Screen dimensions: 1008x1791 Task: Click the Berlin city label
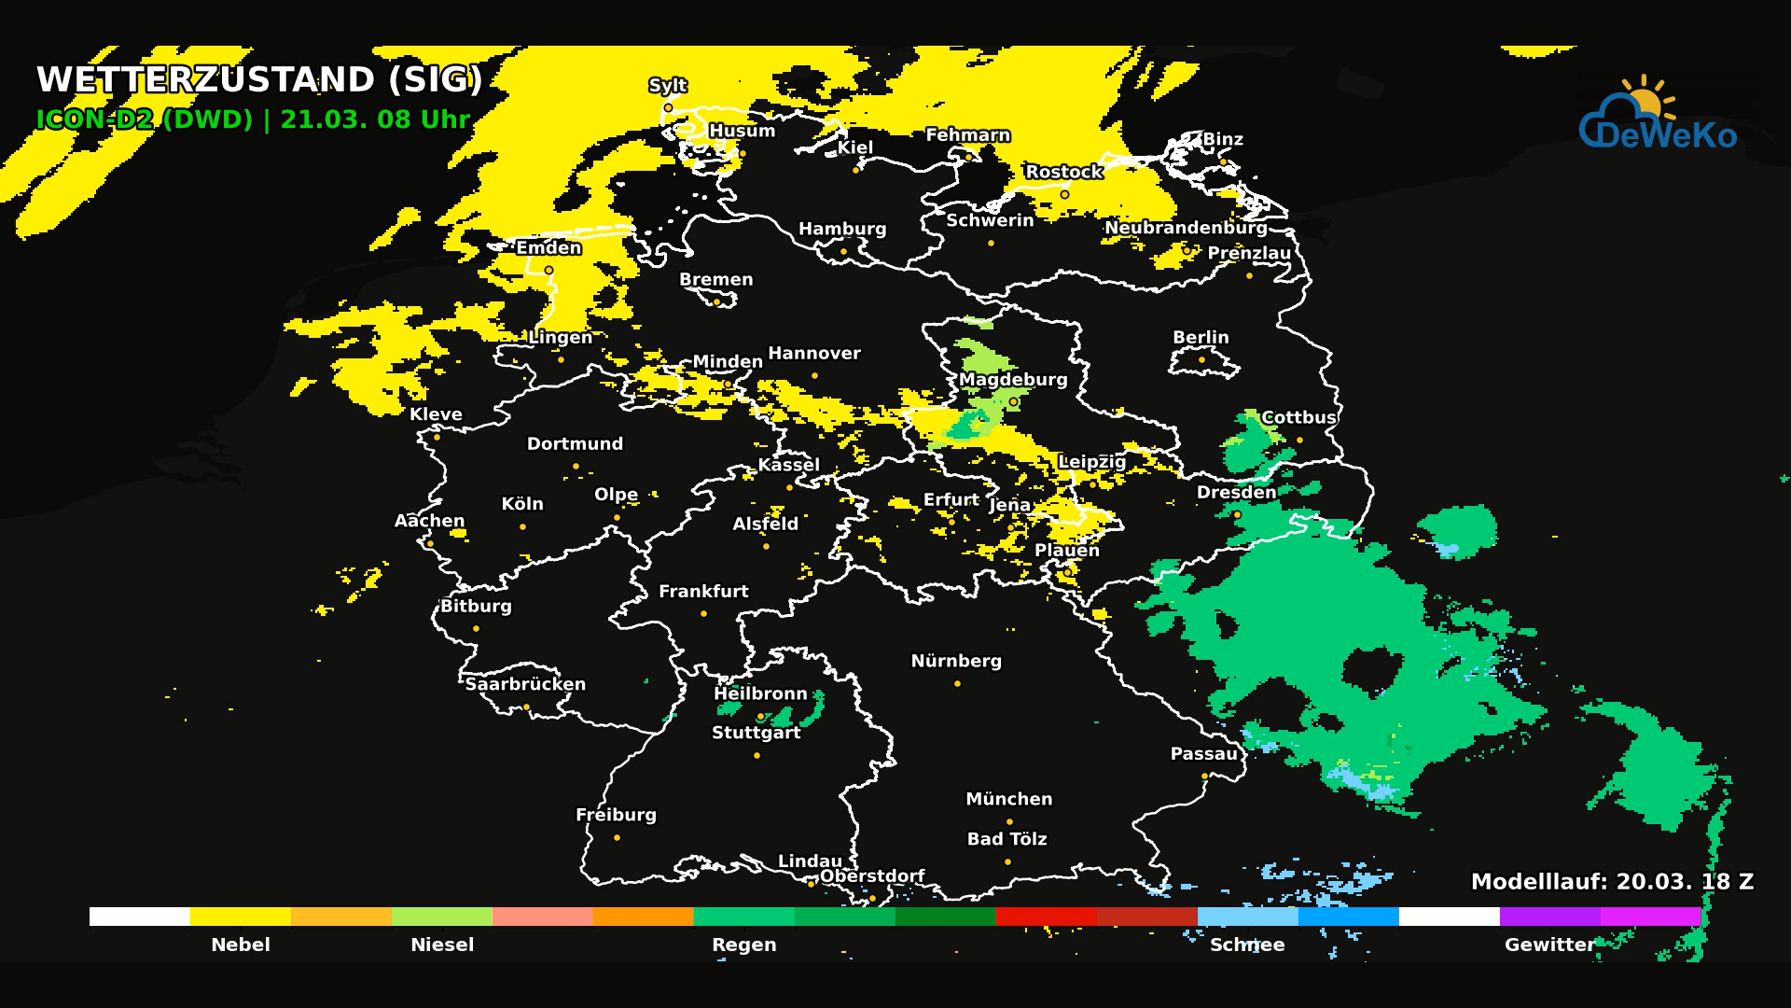tap(1201, 337)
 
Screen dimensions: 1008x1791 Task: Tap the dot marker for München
tap(1009, 821)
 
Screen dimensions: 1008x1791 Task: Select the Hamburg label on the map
tap(842, 229)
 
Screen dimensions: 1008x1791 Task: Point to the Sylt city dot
tap(668, 107)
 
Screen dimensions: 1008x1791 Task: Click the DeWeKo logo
tap(1658, 117)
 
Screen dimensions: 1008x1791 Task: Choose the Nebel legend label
tap(240, 945)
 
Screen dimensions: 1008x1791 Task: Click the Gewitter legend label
tap(1549, 945)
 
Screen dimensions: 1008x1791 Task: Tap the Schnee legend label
tap(1247, 945)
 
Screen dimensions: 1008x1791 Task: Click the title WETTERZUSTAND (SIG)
tap(259, 79)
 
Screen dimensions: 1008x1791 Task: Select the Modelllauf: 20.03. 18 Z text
tap(1612, 882)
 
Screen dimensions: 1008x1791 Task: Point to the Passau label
tap(1203, 754)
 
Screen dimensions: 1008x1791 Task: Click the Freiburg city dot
tap(617, 837)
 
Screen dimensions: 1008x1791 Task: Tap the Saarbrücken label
tap(525, 684)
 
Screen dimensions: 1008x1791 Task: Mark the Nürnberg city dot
tap(957, 683)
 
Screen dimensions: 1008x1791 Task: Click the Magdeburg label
tap(1013, 380)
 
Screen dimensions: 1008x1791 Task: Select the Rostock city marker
tap(1064, 194)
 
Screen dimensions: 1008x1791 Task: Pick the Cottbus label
tap(1298, 417)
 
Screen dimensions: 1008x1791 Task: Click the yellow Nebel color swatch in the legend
tap(240, 917)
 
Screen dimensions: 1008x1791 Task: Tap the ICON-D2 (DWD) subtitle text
tap(145, 119)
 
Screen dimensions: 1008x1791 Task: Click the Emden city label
tap(548, 248)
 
